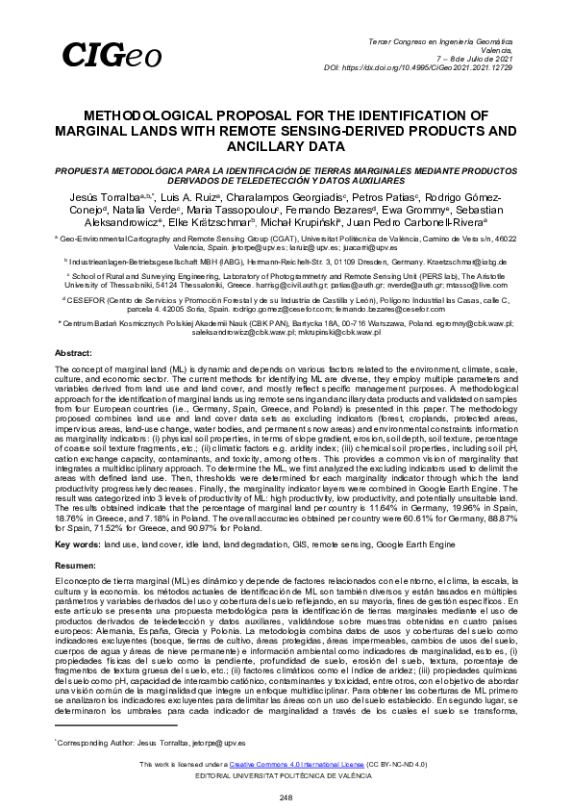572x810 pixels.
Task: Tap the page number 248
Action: [286, 797]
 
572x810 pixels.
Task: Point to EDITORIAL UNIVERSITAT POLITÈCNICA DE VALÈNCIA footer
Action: [286, 774]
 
